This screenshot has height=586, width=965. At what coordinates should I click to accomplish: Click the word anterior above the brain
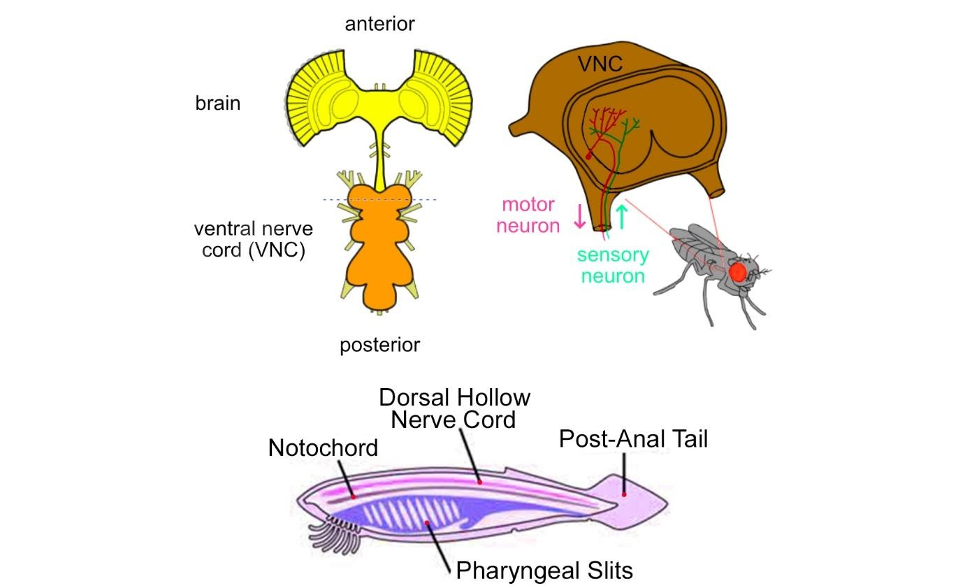(x=379, y=24)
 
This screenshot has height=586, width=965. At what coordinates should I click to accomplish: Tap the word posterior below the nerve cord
(x=379, y=345)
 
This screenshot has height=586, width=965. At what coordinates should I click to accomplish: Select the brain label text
(x=217, y=103)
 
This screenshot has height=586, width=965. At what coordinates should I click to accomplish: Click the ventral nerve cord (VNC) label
(x=253, y=239)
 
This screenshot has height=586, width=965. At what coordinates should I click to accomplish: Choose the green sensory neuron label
(x=613, y=265)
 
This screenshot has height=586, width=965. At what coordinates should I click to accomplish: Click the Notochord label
(x=323, y=448)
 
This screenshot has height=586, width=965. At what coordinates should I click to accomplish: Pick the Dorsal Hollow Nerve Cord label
(x=454, y=408)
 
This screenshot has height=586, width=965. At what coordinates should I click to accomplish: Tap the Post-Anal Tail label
(x=633, y=439)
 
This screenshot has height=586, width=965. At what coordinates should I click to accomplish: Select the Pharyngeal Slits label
(x=544, y=570)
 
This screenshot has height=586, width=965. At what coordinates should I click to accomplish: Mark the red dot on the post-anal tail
(x=625, y=494)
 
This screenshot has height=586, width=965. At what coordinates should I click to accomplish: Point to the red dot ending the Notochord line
(x=354, y=496)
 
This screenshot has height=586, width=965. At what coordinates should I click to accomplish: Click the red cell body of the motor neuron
(x=588, y=157)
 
